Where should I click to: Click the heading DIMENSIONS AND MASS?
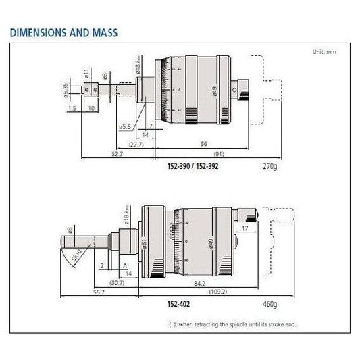click(64, 32)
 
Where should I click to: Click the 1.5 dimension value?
click(72, 107)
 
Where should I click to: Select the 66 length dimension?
click(203, 144)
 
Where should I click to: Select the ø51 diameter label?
click(143, 241)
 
